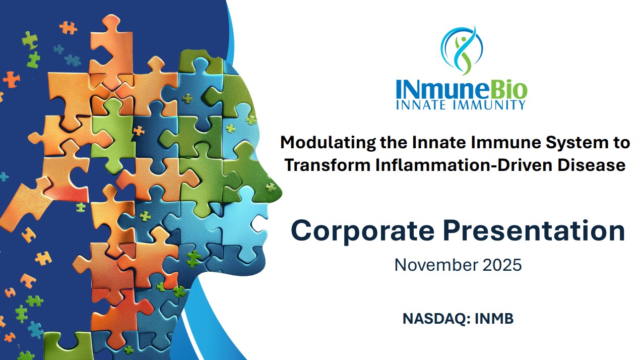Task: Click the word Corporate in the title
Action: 362,231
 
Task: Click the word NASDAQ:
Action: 435,319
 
